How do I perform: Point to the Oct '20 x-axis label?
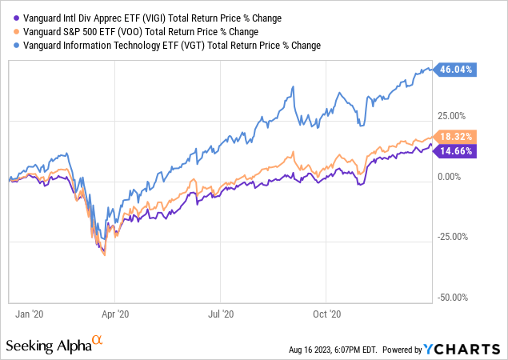pyautogui.click(x=326, y=315)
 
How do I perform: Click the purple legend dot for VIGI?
pyautogui.click(x=12, y=18)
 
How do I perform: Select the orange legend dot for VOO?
pyautogui.click(x=12, y=32)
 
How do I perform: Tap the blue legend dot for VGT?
pyautogui.click(x=12, y=46)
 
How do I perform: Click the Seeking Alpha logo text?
pyautogui.click(x=48, y=345)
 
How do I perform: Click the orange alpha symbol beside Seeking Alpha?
pyautogui.click(x=98, y=341)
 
